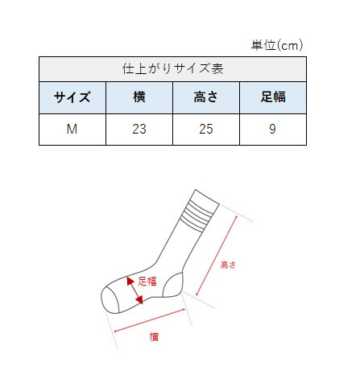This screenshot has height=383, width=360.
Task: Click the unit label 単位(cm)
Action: (278, 45)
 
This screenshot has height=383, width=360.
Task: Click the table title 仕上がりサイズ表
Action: (172, 68)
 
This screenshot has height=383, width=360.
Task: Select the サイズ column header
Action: (72, 98)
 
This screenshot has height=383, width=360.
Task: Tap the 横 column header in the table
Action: (139, 98)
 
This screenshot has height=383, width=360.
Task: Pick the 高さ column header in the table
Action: (206, 98)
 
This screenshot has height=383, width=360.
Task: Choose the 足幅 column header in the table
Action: (273, 98)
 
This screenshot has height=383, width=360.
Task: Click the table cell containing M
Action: (72, 129)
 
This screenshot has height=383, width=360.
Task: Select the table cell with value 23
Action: (139, 129)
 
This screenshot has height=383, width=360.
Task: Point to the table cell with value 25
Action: (206, 129)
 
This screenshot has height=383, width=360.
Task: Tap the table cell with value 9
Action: (273, 129)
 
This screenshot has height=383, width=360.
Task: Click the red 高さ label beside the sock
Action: (230, 263)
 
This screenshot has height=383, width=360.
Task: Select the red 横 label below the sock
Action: (153, 336)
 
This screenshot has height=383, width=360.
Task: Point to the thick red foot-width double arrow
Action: (134, 291)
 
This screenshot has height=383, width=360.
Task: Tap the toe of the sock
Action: (110, 299)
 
